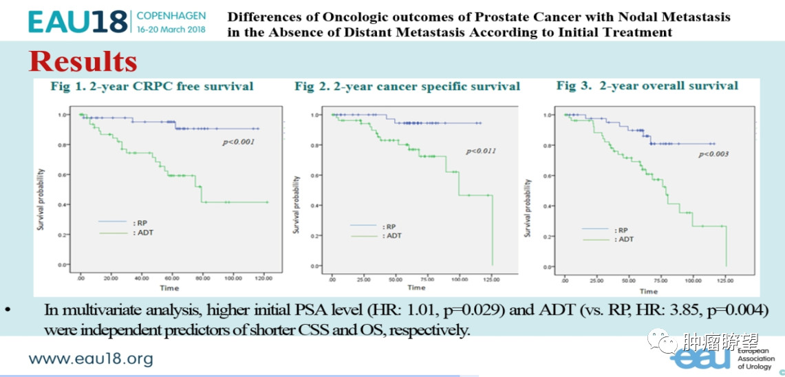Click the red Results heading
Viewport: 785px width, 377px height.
tap(83, 61)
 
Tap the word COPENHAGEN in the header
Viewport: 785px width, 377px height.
tap(170, 14)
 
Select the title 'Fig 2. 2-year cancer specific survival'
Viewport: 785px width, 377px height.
tap(407, 87)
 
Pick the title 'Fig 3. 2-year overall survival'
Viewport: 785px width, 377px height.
tap(647, 86)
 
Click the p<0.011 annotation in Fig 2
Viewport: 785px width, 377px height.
tap(482, 151)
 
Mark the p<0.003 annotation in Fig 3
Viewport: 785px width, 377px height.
tap(713, 154)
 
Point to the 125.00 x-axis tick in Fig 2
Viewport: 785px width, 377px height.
tap(491, 279)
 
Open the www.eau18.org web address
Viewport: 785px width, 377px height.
tap(90, 358)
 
